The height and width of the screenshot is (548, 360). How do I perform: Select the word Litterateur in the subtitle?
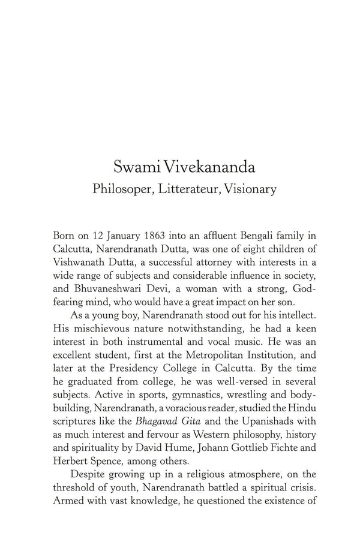point(190,189)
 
